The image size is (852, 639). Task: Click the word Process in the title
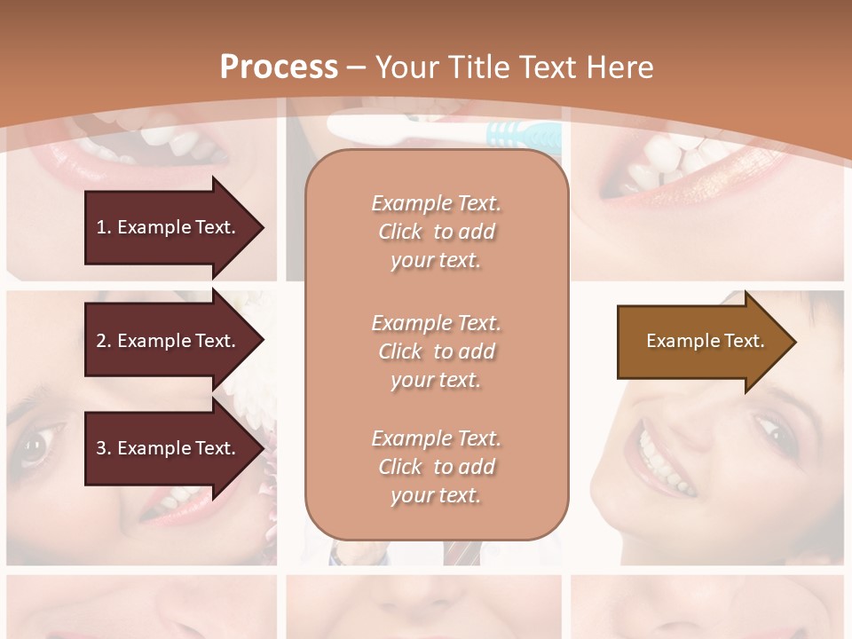[x=279, y=67]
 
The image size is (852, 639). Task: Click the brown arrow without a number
[x=701, y=342]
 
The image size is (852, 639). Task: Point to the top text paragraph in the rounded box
[x=436, y=232]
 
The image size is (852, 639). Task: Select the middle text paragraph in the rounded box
[x=436, y=351]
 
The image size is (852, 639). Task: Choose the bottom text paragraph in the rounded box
[x=436, y=467]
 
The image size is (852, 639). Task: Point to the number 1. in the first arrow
[x=103, y=227]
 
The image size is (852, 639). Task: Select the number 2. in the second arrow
[x=103, y=341]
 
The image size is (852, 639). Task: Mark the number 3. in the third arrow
[x=103, y=449]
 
